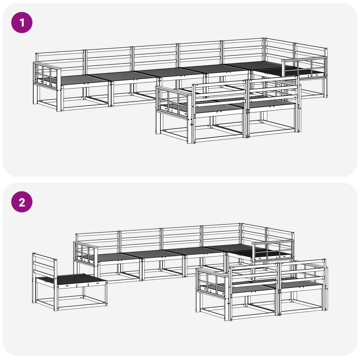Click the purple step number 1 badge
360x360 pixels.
[22, 22]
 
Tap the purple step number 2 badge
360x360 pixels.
[22, 202]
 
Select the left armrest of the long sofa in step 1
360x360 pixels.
[47, 75]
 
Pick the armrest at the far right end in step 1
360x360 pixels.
[304, 67]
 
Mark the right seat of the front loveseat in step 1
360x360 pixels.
[271, 104]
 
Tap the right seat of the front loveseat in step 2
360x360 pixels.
[301, 285]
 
